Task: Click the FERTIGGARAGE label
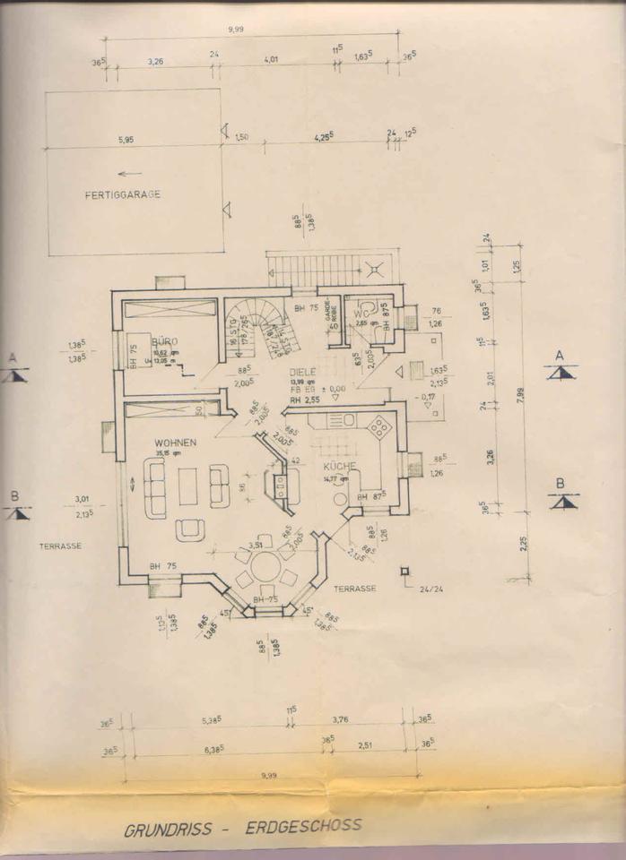tap(123, 193)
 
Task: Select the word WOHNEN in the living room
tap(175, 443)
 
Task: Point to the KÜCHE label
tap(342, 467)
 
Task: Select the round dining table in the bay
tap(265, 565)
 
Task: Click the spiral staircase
tap(265, 327)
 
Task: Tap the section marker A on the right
tap(560, 366)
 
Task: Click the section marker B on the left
tap(15, 506)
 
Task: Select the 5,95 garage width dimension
tap(126, 140)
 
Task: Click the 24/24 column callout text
tap(430, 589)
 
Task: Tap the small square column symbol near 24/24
tap(405, 571)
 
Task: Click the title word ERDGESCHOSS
tap(305, 825)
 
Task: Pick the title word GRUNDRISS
tap(170, 829)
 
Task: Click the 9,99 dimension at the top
tap(236, 30)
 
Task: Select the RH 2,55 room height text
tap(305, 400)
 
